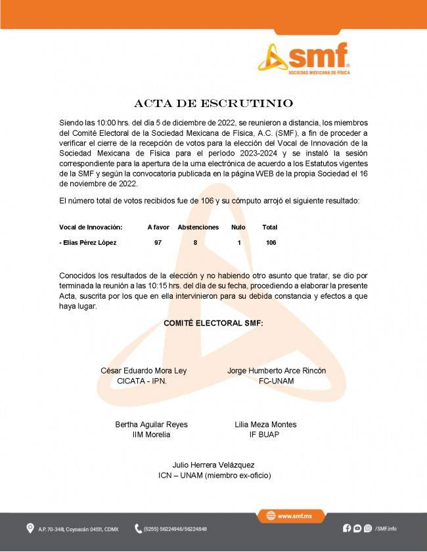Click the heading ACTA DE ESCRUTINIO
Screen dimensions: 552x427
point(213,104)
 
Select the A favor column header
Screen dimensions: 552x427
point(158,227)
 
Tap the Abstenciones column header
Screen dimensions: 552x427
point(198,227)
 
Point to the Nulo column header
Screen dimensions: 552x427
point(238,227)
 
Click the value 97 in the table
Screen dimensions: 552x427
point(158,243)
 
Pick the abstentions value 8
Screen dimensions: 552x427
point(195,243)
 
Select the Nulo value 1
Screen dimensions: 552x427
point(239,243)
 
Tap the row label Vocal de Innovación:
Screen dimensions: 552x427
point(91,227)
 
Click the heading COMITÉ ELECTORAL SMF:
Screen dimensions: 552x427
point(213,323)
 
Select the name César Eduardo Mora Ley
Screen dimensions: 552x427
point(143,371)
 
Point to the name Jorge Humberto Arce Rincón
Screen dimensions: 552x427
point(277,371)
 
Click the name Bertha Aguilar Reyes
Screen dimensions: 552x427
point(151,425)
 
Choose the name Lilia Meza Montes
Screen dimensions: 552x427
point(265,425)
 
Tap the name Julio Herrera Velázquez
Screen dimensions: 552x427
point(213,465)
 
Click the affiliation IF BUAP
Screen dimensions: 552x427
point(265,435)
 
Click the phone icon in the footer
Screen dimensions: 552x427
point(138,528)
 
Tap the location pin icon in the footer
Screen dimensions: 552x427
point(30,528)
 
